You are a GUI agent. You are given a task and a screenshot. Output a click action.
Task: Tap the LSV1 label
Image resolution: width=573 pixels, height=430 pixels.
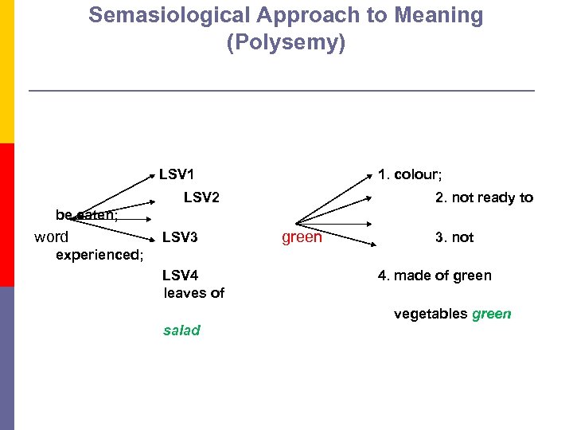pos(177,174)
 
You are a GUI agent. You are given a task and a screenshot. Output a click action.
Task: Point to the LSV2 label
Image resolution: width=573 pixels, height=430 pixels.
pos(201,197)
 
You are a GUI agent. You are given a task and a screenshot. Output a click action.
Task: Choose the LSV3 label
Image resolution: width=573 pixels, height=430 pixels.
pos(180,237)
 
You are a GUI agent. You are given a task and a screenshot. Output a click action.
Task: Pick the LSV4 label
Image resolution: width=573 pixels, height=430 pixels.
pos(180,276)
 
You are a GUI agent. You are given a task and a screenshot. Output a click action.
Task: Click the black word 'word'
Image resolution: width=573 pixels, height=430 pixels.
pos(51,236)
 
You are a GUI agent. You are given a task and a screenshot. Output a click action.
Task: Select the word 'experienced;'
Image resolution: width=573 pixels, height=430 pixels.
pos(99,256)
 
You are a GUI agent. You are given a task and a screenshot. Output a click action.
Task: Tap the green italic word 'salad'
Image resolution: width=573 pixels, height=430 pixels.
pos(181,330)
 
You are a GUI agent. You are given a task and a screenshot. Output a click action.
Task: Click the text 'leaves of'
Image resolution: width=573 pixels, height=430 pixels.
pos(194,293)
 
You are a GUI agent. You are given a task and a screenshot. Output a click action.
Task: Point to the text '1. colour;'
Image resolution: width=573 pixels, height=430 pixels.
pos(410,174)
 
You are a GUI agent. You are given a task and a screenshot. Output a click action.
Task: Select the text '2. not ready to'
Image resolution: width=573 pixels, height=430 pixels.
pos(484,197)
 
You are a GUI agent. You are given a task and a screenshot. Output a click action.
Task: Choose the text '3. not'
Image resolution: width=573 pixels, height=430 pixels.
pos(454,237)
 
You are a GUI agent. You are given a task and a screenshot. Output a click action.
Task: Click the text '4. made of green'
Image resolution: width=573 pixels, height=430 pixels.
pos(435,276)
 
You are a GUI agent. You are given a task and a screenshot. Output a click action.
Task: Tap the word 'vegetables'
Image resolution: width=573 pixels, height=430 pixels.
pos(431,314)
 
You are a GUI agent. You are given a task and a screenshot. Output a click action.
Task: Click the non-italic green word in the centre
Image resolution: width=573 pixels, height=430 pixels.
pos(302,237)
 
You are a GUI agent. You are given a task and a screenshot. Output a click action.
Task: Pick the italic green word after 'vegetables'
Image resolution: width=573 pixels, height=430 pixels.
pos(492,314)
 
